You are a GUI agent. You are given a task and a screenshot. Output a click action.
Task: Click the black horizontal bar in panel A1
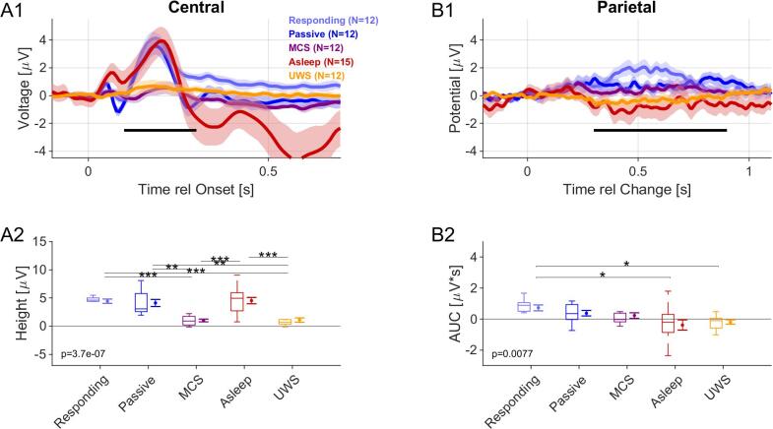[161, 129]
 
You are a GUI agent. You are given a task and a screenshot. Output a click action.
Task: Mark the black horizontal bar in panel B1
[660, 129]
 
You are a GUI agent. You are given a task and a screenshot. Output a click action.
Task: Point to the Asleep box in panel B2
[668, 323]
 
